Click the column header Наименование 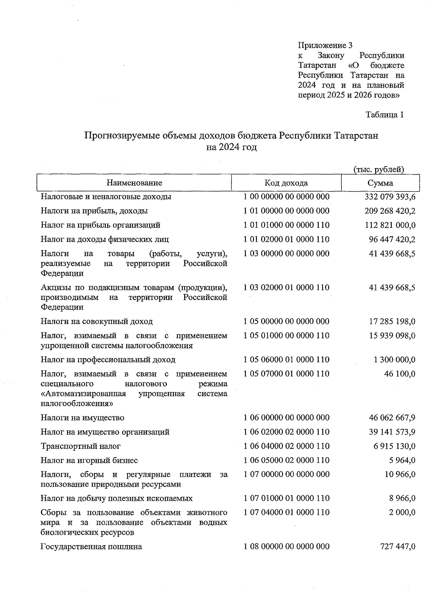click(x=134, y=183)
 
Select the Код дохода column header click(x=286, y=183)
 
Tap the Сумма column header click(x=380, y=183)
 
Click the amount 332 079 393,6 click(x=390, y=197)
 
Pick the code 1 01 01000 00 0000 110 click(x=286, y=225)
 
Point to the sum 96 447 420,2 click(x=392, y=240)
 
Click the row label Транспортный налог click(x=81, y=446)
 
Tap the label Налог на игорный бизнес click(x=89, y=460)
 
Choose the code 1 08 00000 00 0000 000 click(x=286, y=546)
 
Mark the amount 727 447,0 click(x=397, y=547)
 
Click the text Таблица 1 click(x=385, y=115)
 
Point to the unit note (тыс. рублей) click(x=379, y=169)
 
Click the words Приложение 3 click(x=325, y=45)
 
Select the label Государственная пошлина click(x=91, y=547)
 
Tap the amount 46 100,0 click(x=400, y=374)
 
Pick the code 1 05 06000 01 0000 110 click(x=286, y=359)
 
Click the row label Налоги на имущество click(x=83, y=418)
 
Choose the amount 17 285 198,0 click(x=392, y=321)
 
